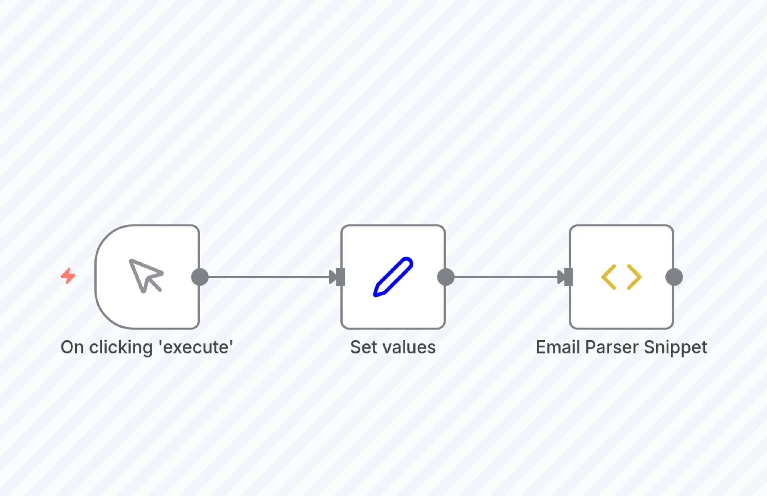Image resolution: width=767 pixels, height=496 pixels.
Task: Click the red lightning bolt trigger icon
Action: (68, 276)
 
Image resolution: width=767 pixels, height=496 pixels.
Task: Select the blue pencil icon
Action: (393, 277)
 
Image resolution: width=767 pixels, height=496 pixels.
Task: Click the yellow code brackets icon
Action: (621, 277)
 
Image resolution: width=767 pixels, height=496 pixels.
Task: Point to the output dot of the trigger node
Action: (200, 277)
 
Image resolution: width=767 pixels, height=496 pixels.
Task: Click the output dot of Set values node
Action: (446, 277)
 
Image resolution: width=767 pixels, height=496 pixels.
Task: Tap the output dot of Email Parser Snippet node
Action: (674, 277)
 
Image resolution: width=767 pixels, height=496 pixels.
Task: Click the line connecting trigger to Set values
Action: (267, 277)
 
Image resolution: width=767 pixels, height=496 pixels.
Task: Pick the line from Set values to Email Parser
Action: (505, 277)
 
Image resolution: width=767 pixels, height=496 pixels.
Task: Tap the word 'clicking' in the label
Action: (121, 348)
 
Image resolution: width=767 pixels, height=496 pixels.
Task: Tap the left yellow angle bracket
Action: (609, 277)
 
